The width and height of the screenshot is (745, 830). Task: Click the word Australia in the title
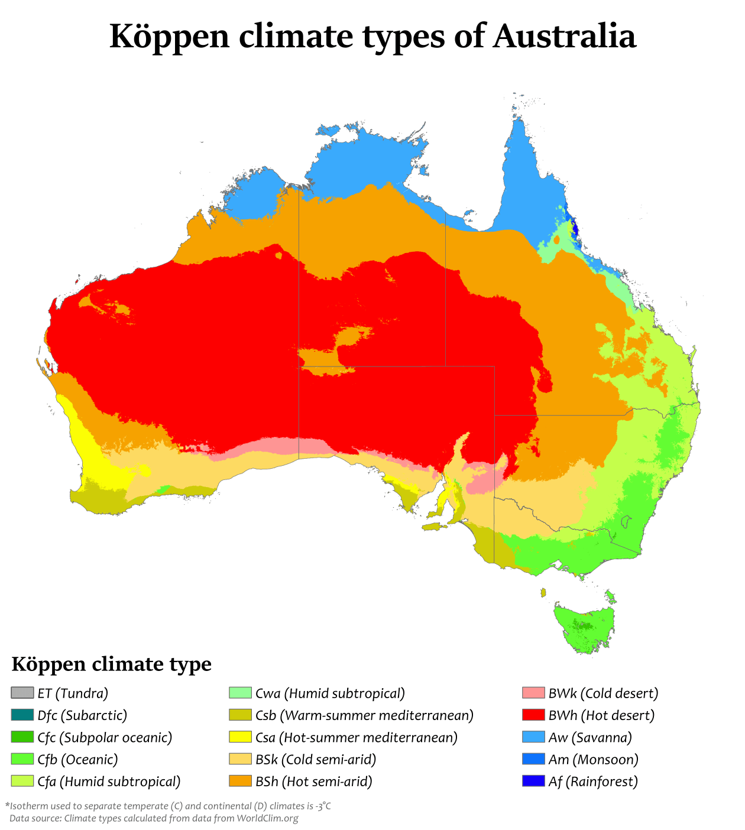(564, 37)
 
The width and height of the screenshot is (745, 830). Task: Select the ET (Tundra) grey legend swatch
(22, 693)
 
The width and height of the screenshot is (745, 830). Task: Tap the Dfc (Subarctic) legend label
(82, 715)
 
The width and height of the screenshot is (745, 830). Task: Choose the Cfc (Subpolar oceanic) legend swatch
(22, 737)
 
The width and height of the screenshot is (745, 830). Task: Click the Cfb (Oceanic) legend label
(77, 760)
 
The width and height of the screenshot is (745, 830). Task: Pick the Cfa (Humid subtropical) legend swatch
(22, 782)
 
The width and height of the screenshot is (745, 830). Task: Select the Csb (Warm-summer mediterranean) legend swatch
(240, 715)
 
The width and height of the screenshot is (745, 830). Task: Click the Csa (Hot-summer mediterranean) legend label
(357, 738)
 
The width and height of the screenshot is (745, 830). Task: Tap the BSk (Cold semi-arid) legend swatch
(240, 760)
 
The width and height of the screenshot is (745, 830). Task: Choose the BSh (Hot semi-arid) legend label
(314, 782)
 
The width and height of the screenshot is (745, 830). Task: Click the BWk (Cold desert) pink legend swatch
(533, 693)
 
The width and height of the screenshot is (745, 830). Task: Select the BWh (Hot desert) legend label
(601, 715)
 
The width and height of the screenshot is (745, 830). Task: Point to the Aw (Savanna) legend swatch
(533, 737)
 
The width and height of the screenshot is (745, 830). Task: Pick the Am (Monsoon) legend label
(593, 760)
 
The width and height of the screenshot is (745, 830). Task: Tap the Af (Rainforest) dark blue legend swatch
(533, 782)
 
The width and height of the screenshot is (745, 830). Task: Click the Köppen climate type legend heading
(112, 664)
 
